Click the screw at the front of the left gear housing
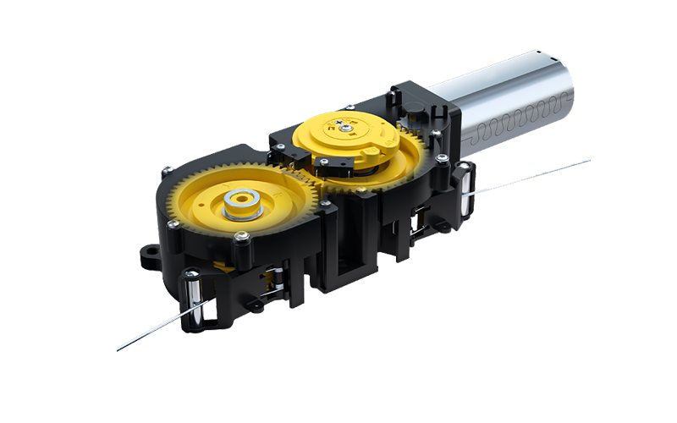click(244, 239)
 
